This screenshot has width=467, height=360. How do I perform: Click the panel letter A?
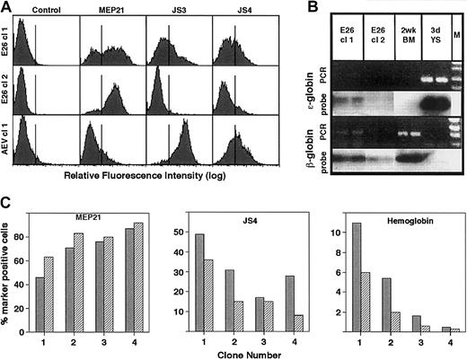coord(8,8)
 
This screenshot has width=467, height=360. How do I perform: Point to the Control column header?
coord(45,12)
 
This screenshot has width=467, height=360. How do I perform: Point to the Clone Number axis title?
coord(233,353)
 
